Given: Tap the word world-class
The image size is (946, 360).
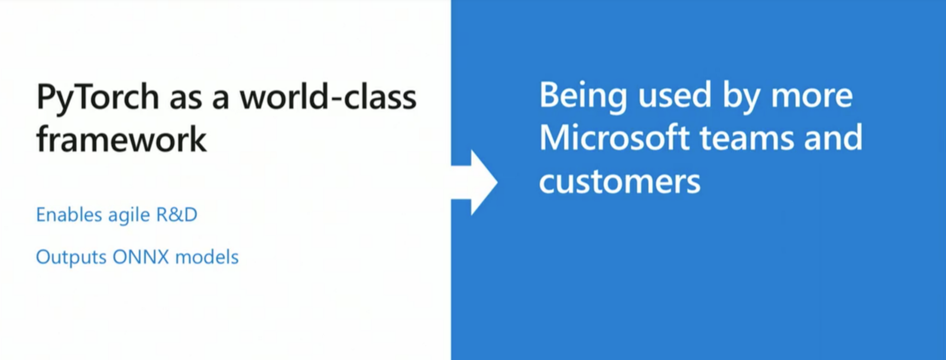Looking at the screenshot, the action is click(x=328, y=96).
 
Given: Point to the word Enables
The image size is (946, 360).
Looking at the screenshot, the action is click(x=69, y=215).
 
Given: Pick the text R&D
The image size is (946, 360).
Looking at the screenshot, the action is click(x=177, y=215).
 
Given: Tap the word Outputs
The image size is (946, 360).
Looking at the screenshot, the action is click(x=71, y=257).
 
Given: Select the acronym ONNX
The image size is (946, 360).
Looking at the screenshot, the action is click(x=141, y=257).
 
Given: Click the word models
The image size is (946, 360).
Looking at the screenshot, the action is click(x=207, y=257).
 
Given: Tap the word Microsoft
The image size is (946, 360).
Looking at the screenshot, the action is click(x=614, y=137).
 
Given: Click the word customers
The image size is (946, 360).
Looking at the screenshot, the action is click(x=620, y=182).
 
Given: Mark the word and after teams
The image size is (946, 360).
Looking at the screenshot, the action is click(x=834, y=137).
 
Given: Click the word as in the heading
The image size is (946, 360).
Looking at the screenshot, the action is click(x=186, y=100).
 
